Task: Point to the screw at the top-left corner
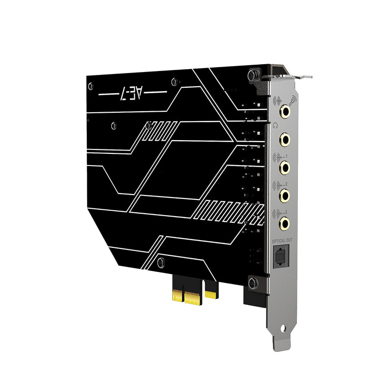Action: tap(90, 86)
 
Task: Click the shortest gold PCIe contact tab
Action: tap(211, 294)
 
